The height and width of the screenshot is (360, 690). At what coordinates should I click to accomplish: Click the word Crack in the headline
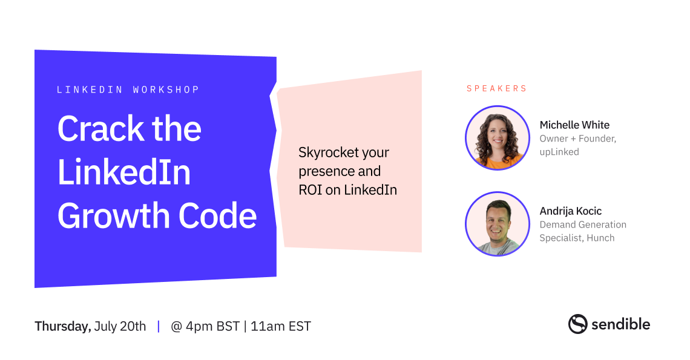[100, 128]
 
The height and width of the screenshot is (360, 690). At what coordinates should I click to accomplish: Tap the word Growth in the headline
[114, 215]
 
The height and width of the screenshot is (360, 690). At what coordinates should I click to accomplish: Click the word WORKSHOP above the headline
[166, 90]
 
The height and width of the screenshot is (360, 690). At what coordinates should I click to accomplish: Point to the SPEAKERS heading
[496, 88]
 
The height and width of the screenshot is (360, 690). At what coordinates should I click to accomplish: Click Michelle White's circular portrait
[498, 138]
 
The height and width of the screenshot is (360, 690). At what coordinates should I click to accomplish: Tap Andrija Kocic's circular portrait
[498, 224]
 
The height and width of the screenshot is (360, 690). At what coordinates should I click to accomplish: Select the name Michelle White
[574, 125]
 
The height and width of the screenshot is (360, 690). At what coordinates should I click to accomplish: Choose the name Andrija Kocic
[570, 211]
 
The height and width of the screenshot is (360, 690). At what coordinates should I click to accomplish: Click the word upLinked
[559, 152]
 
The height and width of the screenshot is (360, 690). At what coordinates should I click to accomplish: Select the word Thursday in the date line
[63, 327]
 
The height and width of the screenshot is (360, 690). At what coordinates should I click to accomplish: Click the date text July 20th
[120, 326]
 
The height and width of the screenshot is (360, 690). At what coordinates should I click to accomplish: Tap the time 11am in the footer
[268, 326]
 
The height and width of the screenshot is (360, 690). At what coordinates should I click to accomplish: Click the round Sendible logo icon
[578, 324]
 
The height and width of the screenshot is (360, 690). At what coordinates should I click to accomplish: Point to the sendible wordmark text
[620, 324]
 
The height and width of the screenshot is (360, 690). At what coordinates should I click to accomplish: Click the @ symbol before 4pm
[177, 327]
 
